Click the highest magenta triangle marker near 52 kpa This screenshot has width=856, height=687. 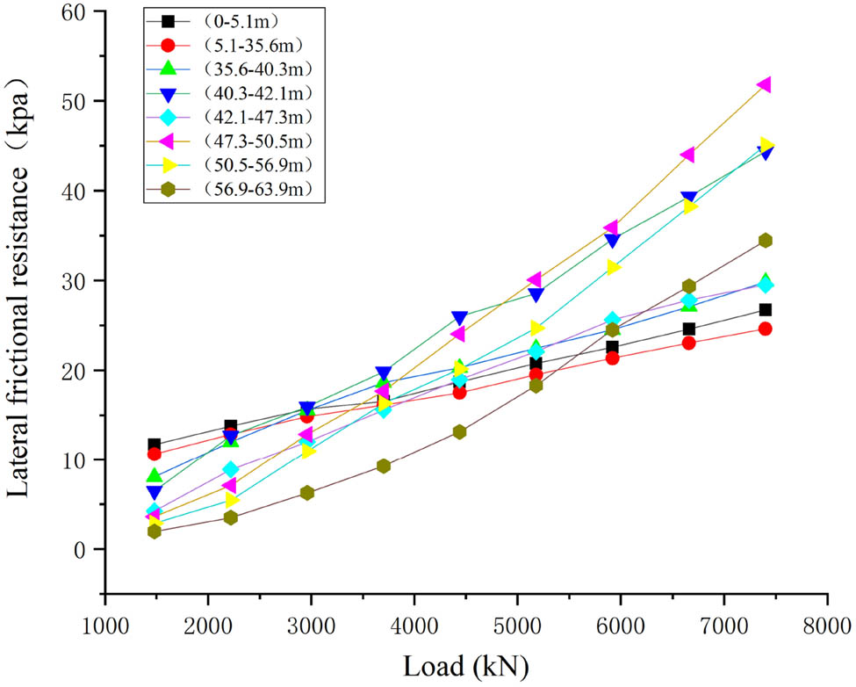pos(764,84)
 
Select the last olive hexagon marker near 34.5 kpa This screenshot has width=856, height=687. pos(765,240)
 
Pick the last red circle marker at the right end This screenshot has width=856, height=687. pos(765,329)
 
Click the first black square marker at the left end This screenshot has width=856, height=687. pos(155,445)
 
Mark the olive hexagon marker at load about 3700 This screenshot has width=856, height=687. pos(384,466)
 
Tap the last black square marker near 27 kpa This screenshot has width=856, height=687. pos(765,309)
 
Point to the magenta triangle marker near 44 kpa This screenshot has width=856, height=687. pos(687,155)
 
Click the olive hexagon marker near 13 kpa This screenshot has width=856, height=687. pos(459,431)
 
